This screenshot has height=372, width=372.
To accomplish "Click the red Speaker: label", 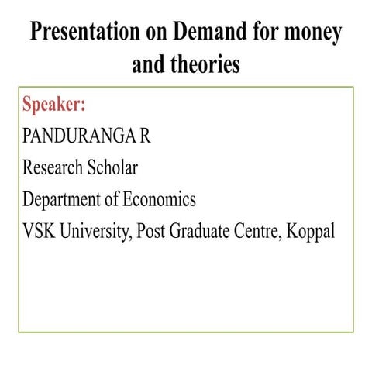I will point(53,104).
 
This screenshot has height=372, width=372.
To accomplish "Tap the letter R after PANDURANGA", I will point(144,136).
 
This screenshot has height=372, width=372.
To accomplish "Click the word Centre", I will point(258,231).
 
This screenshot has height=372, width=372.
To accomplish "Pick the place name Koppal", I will point(311,231).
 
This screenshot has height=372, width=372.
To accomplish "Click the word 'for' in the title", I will point(260,33).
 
